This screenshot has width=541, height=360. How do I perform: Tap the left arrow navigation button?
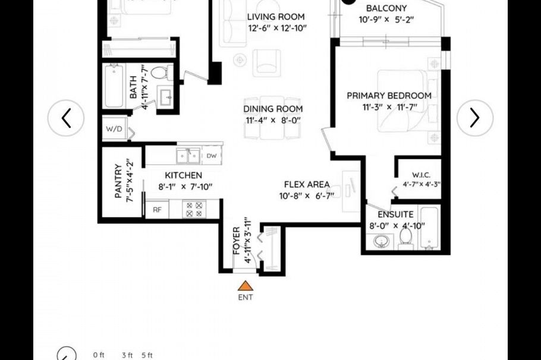[x=66, y=118]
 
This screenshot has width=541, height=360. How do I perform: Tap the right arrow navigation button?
[x=474, y=118]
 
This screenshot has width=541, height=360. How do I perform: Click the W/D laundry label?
[x=113, y=128]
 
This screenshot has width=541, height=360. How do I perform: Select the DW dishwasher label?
[x=210, y=156]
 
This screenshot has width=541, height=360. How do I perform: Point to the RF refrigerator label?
[x=157, y=209]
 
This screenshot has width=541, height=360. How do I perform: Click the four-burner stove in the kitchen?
[x=194, y=209]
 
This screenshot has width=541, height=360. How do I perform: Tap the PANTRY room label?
[x=118, y=181]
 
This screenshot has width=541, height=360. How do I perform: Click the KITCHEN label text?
[x=183, y=175]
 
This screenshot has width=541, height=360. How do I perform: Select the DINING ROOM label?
[x=273, y=109]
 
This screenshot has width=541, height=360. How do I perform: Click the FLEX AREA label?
[x=307, y=184]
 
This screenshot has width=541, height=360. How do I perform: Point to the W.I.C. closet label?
[x=421, y=175]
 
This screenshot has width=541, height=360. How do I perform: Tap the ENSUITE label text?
[x=395, y=214]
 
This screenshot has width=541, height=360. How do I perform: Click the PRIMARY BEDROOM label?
[x=389, y=95]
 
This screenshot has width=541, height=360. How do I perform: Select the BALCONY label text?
[x=386, y=8]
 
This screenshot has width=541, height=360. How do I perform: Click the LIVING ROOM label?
[x=276, y=17]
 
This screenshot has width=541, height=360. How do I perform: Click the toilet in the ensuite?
[x=406, y=236]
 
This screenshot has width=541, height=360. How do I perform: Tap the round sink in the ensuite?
[x=381, y=241]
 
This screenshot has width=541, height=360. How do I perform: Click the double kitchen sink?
[x=190, y=156]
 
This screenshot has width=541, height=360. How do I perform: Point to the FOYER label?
[x=236, y=241]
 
